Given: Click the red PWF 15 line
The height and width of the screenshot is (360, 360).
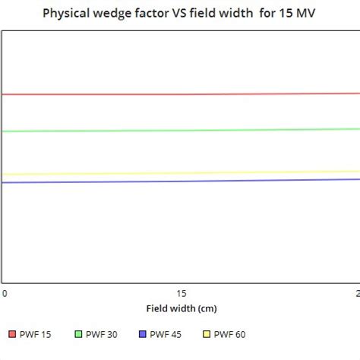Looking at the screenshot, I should pyautogui.click(x=182, y=94).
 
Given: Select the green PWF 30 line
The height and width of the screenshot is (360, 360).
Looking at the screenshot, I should pyautogui.click(x=182, y=130).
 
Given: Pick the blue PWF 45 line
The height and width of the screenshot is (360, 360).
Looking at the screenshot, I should pyautogui.click(x=182, y=181).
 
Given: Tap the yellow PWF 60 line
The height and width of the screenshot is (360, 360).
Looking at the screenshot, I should pyautogui.click(x=182, y=173).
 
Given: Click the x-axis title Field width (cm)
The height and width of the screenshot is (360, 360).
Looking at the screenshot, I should pyautogui.click(x=182, y=309).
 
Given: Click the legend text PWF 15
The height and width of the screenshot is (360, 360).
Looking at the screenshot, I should pyautogui.click(x=36, y=334).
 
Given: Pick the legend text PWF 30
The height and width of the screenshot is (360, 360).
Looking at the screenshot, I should pyautogui.click(x=101, y=334).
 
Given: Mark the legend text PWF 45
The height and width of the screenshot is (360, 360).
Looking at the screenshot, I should pyautogui.click(x=166, y=334).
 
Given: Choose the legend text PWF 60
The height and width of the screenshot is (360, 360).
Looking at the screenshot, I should pyautogui.click(x=230, y=334).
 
